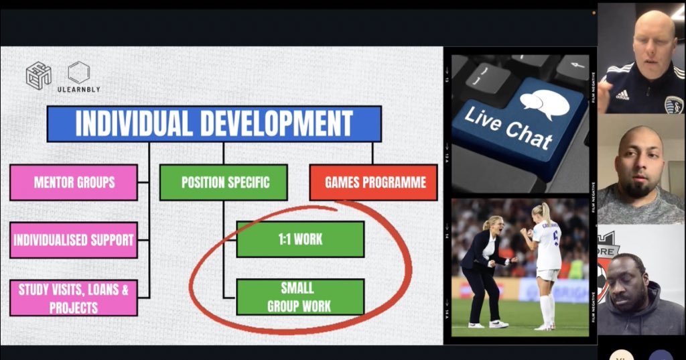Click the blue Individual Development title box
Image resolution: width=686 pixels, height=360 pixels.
point(214,123)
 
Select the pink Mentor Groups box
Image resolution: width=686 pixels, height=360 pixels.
point(74,182)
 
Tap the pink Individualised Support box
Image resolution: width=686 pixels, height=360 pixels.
point(74,240)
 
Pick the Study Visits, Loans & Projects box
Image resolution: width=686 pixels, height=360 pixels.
point(74,298)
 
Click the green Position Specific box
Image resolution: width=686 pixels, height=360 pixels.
point(223,182)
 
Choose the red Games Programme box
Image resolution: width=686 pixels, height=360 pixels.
point(372,182)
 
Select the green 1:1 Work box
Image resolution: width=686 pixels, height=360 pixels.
point(300,239)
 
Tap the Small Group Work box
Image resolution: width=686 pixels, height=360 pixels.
point(300,297)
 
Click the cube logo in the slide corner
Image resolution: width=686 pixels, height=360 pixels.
point(38,75)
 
